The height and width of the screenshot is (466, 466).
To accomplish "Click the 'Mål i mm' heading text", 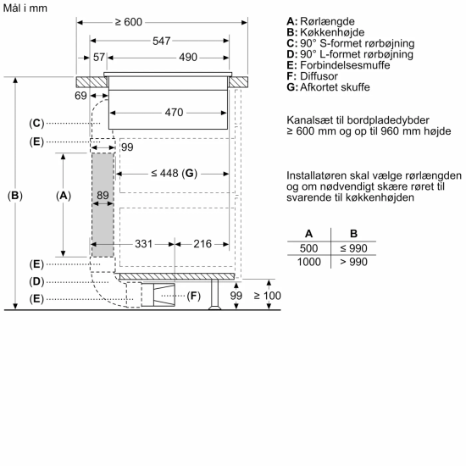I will click(26, 7).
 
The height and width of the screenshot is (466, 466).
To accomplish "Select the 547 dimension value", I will click(161, 40).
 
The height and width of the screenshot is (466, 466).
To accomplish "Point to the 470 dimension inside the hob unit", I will click(175, 112).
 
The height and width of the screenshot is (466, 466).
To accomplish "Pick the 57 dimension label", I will click(99, 57).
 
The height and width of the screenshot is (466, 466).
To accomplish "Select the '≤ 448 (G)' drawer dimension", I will click(173, 174).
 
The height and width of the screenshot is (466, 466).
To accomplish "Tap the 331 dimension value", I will click(143, 243).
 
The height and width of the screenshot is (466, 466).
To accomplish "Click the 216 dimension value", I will click(202, 243).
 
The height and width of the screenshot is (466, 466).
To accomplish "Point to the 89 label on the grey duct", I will click(103, 196).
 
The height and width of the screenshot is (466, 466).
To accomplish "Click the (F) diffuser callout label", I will click(194, 296).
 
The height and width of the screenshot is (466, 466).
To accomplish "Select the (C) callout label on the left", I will click(36, 123).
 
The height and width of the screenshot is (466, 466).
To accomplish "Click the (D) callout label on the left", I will click(36, 280).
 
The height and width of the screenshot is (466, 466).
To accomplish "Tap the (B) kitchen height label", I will click(15, 196).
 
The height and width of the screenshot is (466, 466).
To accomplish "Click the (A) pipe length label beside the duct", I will click(64, 196).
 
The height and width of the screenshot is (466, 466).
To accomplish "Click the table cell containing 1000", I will click(308, 263).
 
